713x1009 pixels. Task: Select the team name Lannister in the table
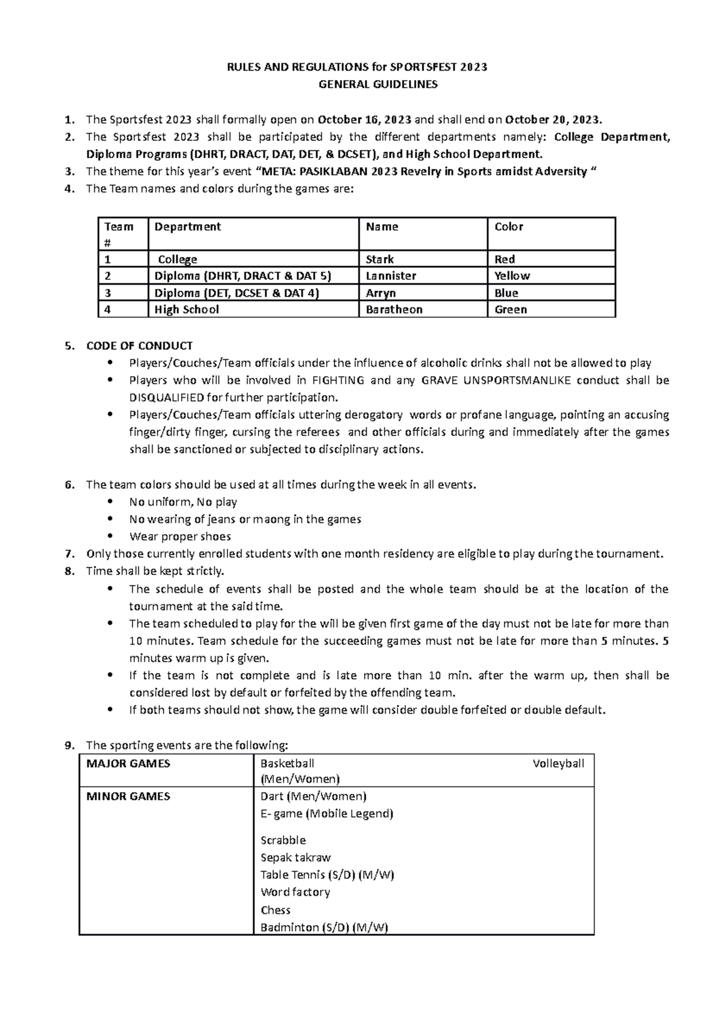click(x=391, y=276)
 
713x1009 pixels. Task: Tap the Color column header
click(x=509, y=226)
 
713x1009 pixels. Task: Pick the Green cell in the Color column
click(x=510, y=310)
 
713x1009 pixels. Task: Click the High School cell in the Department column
click(x=187, y=310)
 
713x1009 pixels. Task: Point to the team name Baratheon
click(x=394, y=310)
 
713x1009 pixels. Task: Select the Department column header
click(x=187, y=226)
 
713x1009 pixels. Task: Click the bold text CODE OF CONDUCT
click(x=139, y=346)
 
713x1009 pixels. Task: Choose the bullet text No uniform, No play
click(x=183, y=502)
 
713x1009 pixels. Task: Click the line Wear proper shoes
click(x=180, y=537)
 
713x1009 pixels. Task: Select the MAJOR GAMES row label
click(x=128, y=764)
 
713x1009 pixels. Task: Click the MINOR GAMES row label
click(x=128, y=796)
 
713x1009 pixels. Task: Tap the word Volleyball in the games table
click(x=558, y=764)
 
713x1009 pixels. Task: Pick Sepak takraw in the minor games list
click(x=295, y=857)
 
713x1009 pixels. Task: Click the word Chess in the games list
click(x=275, y=910)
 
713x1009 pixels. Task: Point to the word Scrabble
click(x=283, y=840)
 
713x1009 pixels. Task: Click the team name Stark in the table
click(x=380, y=260)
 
